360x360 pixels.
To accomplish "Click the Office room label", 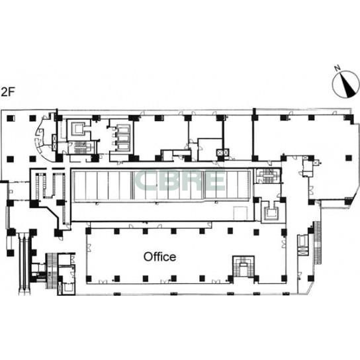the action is pyautogui.click(x=159, y=257).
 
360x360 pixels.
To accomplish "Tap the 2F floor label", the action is pyautogui.click(x=8, y=92).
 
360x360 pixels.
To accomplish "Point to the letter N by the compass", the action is pyautogui.click(x=337, y=68).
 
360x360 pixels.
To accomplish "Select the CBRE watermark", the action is pyautogui.click(x=180, y=181).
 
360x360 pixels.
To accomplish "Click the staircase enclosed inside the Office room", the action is pyautogui.click(x=244, y=267).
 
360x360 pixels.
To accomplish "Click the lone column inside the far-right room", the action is pyautogui.click(x=349, y=158).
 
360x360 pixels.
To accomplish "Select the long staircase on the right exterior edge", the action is pyautogui.click(x=317, y=243).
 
